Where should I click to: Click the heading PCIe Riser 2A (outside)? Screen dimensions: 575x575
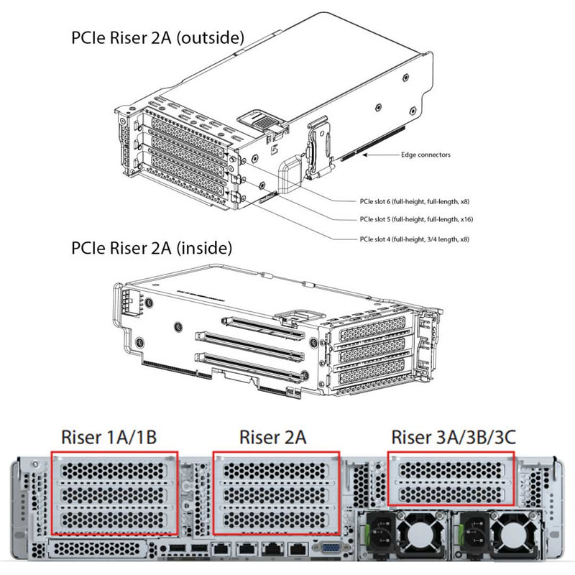tap(157, 37)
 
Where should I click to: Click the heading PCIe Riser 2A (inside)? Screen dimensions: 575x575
tap(152, 249)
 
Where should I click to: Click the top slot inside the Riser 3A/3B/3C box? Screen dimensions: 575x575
tap(451, 469)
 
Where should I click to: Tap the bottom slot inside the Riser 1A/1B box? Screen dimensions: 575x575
tap(114, 519)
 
